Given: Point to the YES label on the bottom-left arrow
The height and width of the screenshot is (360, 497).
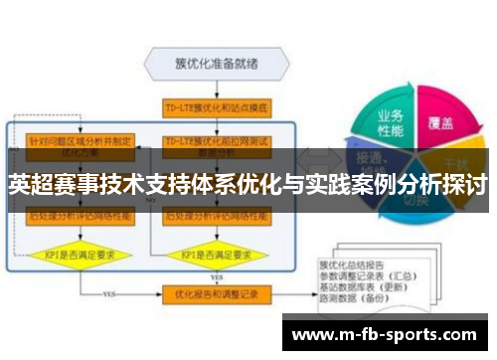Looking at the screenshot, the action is coord(110,294).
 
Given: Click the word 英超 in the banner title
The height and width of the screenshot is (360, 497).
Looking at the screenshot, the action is coord(28,186).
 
